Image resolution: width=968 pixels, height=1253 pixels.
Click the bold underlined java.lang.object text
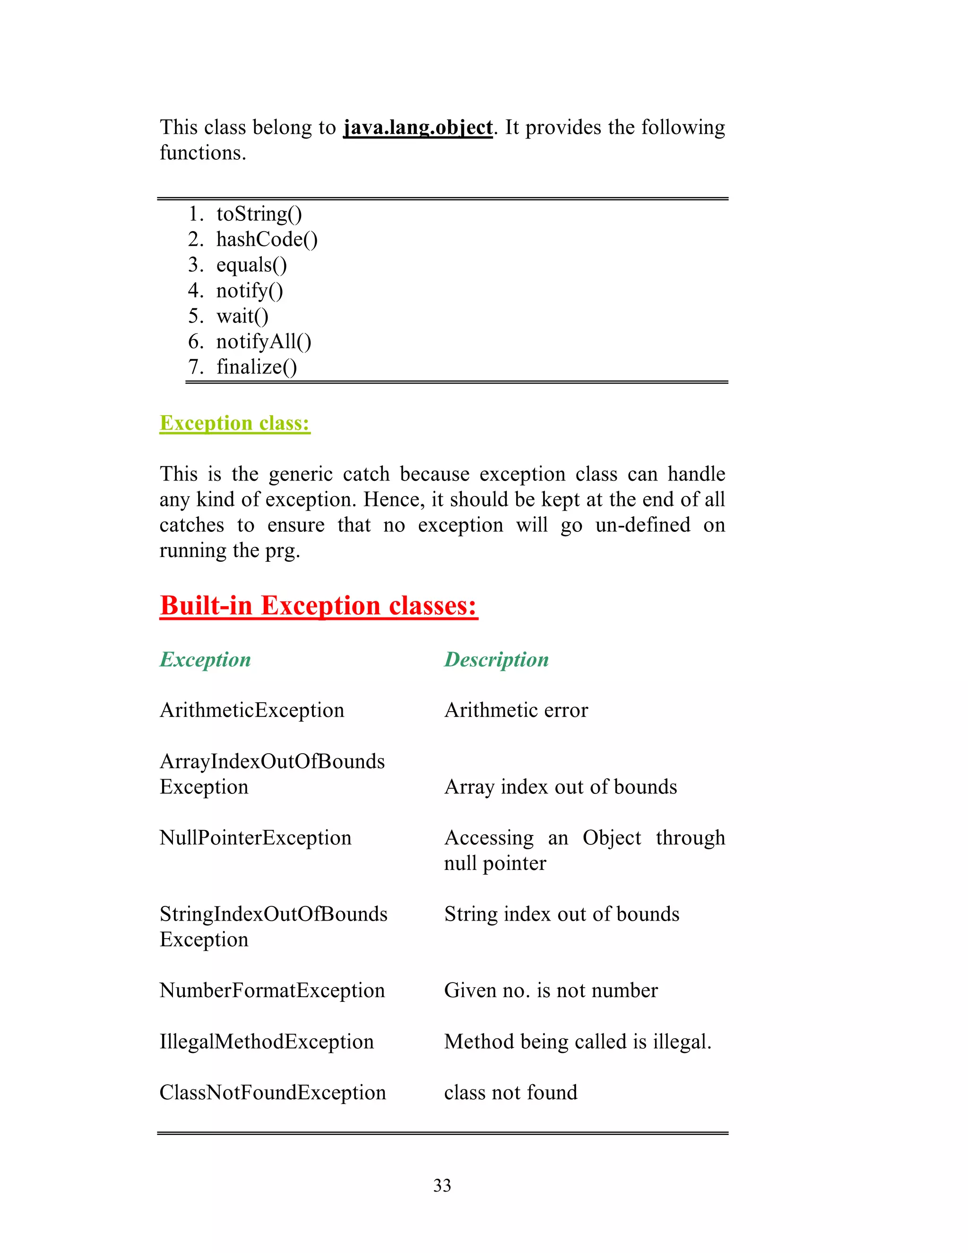(417, 127)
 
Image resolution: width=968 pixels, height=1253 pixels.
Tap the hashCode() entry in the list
(267, 239)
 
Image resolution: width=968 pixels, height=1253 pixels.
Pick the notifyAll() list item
(264, 341)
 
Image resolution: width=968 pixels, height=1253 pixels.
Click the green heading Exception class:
(234, 423)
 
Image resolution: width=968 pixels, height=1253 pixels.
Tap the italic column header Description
(496, 659)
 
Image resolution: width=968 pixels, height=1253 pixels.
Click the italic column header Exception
(205, 659)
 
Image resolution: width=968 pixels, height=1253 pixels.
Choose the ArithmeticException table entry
(252, 710)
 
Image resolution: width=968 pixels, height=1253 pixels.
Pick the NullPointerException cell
(255, 838)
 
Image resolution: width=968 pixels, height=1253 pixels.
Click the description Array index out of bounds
(560, 787)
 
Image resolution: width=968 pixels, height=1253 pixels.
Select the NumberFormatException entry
(272, 990)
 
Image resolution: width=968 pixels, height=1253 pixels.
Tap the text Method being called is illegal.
(578, 1041)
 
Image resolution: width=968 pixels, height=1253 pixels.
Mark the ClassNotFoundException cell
(272, 1092)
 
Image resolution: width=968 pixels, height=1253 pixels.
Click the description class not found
(510, 1092)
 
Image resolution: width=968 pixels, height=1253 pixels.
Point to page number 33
(442, 1185)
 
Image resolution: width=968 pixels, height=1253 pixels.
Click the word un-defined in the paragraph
(642, 525)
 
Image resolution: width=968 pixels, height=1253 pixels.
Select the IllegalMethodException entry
(267, 1041)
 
